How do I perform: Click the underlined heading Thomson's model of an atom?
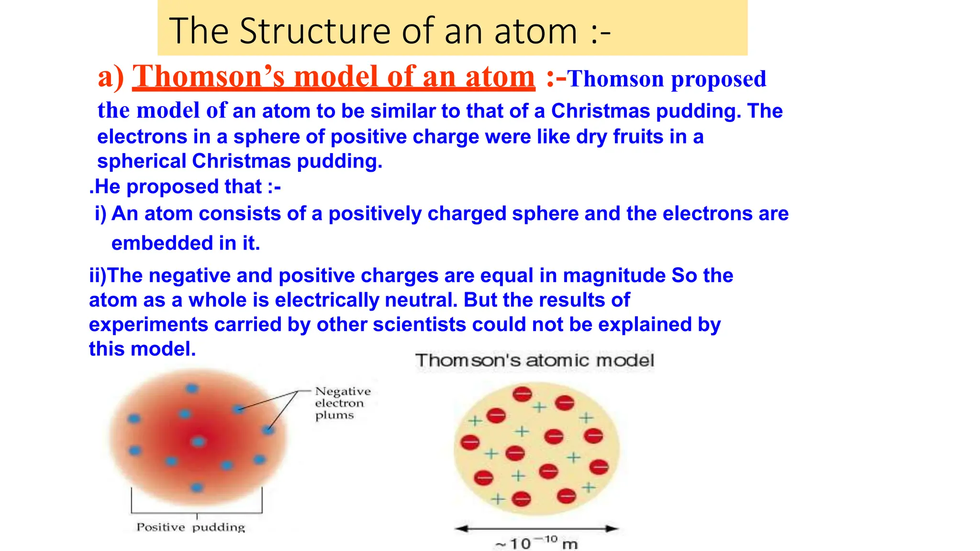click(x=333, y=77)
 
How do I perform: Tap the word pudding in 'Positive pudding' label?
click(x=218, y=527)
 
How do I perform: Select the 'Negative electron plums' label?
click(x=342, y=403)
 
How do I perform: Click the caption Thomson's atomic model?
click(x=534, y=360)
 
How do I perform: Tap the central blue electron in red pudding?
click(x=198, y=441)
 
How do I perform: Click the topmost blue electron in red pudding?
click(x=192, y=388)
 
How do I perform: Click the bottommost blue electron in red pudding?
click(x=197, y=487)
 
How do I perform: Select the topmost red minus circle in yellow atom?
click(x=522, y=394)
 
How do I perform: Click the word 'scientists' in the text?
click(x=419, y=324)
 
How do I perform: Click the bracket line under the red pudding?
click(x=197, y=513)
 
